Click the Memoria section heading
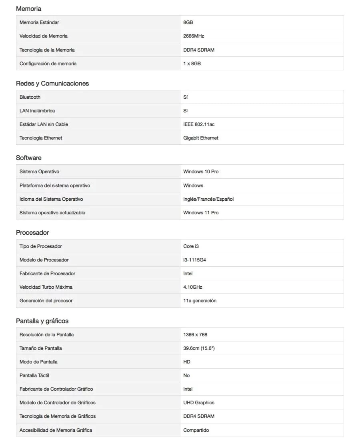pos(28,8)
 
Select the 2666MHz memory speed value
pos(194,36)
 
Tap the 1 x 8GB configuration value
pos(192,64)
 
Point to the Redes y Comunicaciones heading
pos(52,83)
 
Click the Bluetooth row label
pos(30,97)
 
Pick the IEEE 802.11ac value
pos(199,124)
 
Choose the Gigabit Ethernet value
pos(201,138)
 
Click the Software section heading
pos(29,158)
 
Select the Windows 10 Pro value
pos(201,172)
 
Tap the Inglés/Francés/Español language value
pos(208,199)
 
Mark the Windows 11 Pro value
pos(201,213)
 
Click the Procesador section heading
pos(32,232)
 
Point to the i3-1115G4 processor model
pos(195,260)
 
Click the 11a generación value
pos(200,301)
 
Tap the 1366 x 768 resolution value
pos(195,335)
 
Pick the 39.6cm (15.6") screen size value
pos(199,348)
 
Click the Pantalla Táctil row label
pos(34,375)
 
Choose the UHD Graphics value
pos(199,403)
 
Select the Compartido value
pos(196,430)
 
